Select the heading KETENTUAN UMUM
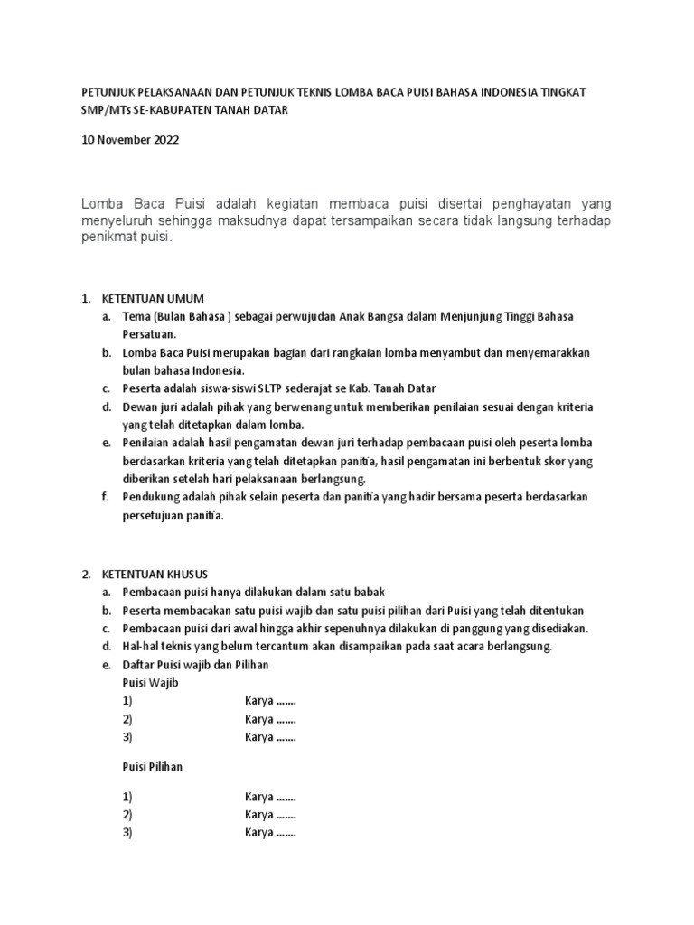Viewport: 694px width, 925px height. [x=153, y=298]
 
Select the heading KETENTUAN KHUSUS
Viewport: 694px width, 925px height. [x=155, y=574]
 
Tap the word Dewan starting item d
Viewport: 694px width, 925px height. [x=140, y=407]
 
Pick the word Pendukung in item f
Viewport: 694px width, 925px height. [x=152, y=498]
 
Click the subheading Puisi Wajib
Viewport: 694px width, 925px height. [x=150, y=683]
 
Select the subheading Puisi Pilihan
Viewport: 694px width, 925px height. [x=153, y=767]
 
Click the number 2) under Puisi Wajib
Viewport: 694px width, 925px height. [x=127, y=720]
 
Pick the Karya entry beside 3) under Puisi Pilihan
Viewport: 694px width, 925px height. [x=270, y=833]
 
